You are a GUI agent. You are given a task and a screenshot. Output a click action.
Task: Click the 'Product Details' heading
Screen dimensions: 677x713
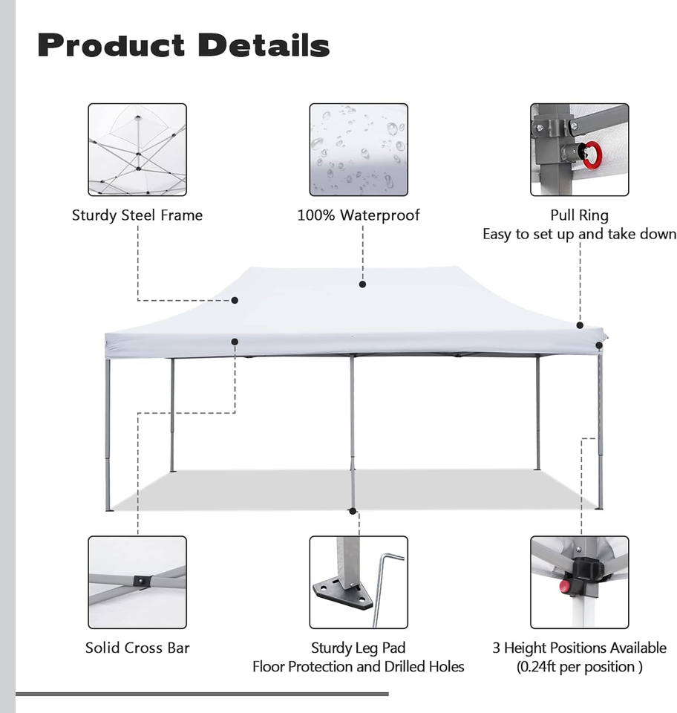coord(183,45)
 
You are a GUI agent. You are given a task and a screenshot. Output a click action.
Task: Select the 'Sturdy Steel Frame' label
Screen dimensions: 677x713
coord(137,215)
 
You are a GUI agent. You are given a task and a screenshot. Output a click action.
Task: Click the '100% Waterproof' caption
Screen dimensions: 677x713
coord(359,215)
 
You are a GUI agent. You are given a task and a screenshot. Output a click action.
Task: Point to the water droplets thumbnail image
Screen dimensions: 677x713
coord(359,149)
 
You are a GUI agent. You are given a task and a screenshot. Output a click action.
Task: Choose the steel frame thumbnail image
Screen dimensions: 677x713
coord(137,149)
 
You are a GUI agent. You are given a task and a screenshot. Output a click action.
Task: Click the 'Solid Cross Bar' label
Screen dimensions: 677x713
coord(137,648)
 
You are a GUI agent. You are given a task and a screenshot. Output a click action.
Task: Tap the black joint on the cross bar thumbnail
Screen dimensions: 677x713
coord(140,581)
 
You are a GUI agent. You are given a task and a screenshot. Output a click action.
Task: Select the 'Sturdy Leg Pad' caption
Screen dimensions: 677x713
coord(359,648)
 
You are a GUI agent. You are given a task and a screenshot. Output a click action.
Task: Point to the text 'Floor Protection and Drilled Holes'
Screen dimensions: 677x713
coord(359,666)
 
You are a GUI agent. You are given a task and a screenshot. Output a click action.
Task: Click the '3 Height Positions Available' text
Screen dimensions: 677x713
coord(579,648)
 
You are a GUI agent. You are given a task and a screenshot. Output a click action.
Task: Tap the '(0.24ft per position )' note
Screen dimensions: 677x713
coord(579,666)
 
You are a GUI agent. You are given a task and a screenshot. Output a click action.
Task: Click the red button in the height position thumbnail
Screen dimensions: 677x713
coord(566,587)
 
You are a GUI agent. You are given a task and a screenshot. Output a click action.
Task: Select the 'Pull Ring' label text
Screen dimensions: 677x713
coord(579,215)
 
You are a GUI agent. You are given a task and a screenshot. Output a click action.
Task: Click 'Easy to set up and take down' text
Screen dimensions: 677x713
coord(579,234)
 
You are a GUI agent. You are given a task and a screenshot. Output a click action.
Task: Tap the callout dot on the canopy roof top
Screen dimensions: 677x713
coord(362,284)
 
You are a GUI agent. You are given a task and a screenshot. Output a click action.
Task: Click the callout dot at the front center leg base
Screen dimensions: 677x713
coord(353,511)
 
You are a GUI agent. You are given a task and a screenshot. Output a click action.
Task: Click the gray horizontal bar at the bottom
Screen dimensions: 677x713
coord(202,694)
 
